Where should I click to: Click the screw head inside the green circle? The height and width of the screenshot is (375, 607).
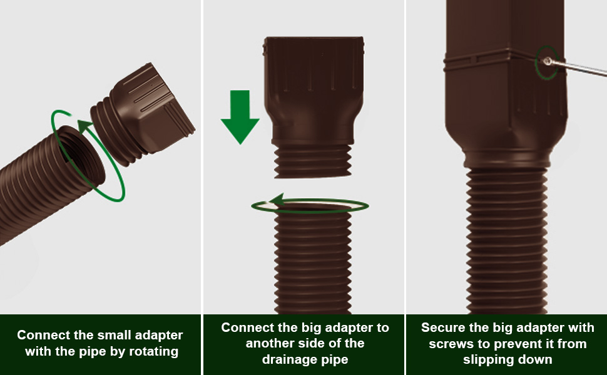547,61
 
